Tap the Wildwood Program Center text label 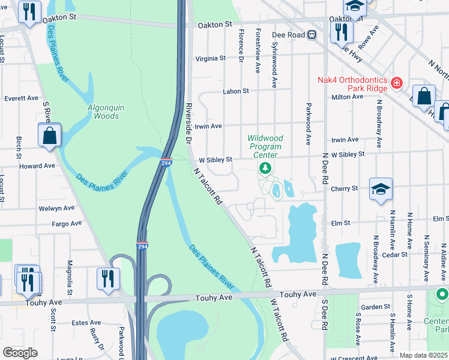click(x=265, y=147)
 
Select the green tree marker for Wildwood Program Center click(x=265, y=167)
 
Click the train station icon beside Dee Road click(x=312, y=35)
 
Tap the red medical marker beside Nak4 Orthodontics click(x=396, y=82)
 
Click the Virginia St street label click(x=210, y=59)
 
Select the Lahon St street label click(x=236, y=91)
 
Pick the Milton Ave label click(x=348, y=97)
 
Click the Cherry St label click(x=344, y=188)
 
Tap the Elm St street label click(x=340, y=223)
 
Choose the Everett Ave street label click(x=21, y=98)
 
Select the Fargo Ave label click(x=67, y=224)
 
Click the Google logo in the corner click(x=20, y=353)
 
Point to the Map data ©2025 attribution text click(x=423, y=355)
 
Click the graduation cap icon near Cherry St click(x=381, y=190)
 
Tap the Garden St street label click(x=375, y=307)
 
